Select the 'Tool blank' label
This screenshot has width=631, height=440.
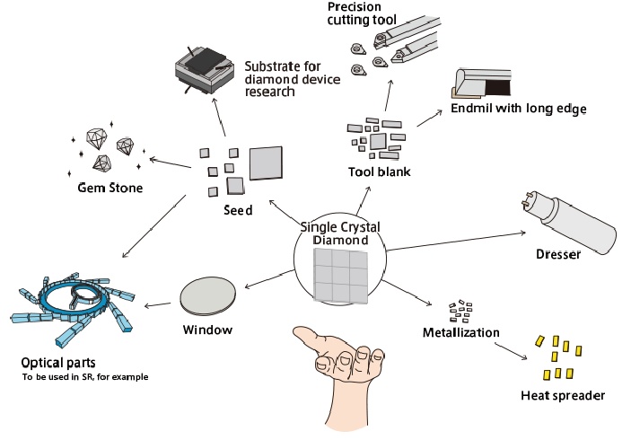[x=379, y=171]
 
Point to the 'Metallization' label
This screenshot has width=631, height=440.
[x=460, y=333]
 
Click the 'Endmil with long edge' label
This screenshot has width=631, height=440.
[x=519, y=109]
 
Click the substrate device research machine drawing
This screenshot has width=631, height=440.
[x=206, y=68]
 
